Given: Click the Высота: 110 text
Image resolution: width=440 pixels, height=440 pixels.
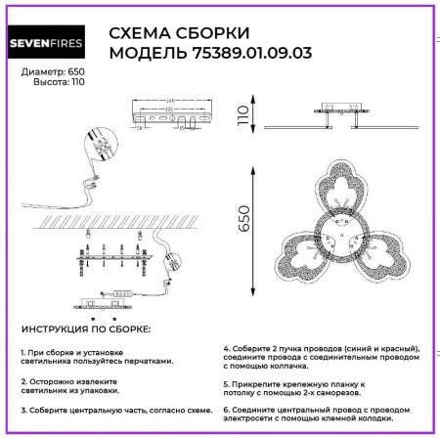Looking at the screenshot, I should coord(50,84).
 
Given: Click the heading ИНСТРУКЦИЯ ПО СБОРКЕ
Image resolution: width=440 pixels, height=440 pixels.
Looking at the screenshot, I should coord(85,330).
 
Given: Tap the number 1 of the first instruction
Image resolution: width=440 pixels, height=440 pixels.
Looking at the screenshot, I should coord(22,350).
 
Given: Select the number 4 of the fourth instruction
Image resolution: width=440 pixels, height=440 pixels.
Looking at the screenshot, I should coord(226,348).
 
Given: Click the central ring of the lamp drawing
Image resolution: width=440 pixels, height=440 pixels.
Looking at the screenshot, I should coord(341,234).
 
